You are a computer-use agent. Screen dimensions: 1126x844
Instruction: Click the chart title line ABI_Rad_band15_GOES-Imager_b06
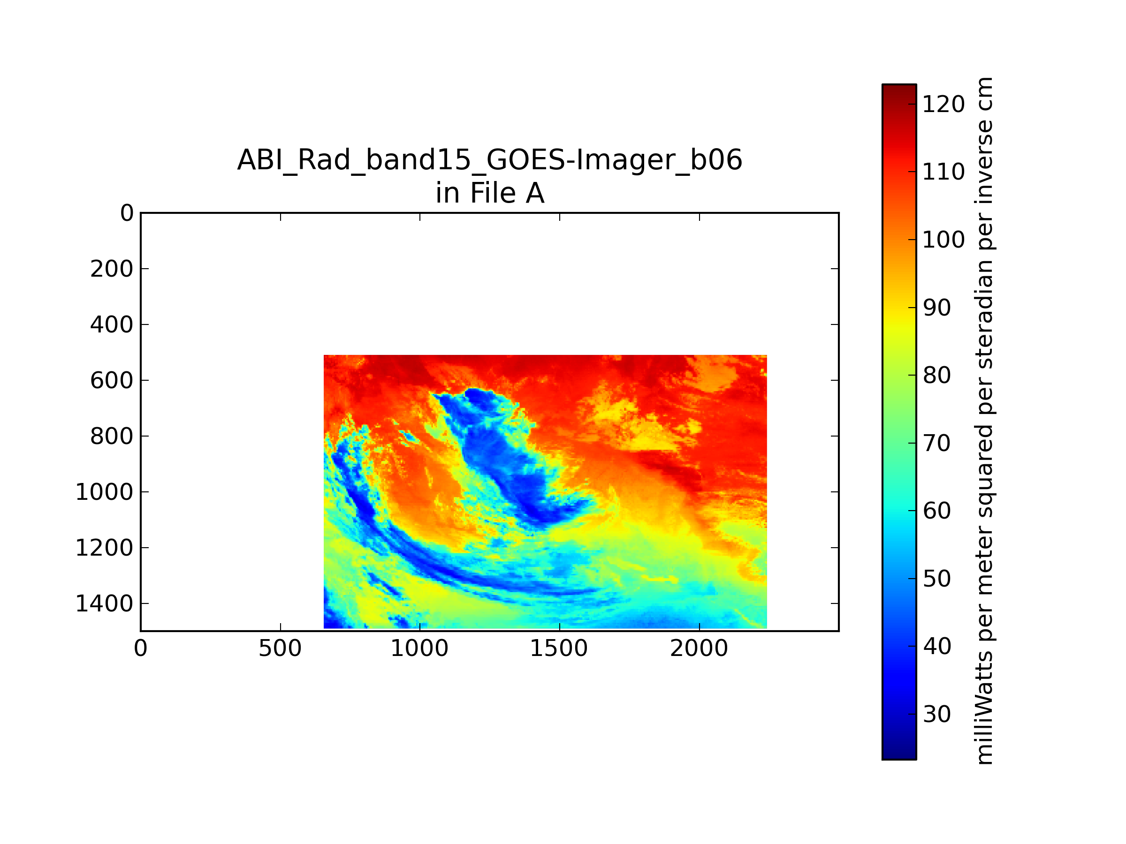click(490, 160)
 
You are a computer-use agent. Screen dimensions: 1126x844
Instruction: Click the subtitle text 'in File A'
click(490, 193)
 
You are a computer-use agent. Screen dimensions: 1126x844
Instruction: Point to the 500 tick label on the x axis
click(280, 648)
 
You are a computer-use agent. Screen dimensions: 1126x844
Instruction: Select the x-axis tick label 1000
click(419, 648)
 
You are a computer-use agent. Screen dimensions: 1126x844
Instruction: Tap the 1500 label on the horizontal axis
click(559, 648)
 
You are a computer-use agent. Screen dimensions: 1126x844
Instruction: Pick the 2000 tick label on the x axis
click(699, 648)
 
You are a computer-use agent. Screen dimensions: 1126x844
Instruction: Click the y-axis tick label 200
click(112, 269)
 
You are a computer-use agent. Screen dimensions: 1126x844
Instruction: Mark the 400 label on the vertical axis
click(112, 324)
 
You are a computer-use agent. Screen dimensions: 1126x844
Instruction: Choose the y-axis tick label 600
click(112, 381)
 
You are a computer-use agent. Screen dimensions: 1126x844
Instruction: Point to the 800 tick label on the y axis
click(112, 437)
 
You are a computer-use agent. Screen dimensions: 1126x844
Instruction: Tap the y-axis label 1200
click(104, 548)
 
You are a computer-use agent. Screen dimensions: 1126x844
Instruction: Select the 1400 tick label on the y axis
click(104, 604)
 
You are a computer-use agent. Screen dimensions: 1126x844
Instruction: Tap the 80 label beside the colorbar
click(936, 376)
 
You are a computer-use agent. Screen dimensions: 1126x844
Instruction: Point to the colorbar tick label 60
click(936, 511)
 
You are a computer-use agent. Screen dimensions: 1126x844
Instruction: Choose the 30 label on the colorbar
click(936, 714)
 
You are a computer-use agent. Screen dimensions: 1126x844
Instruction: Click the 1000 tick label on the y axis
click(104, 492)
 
